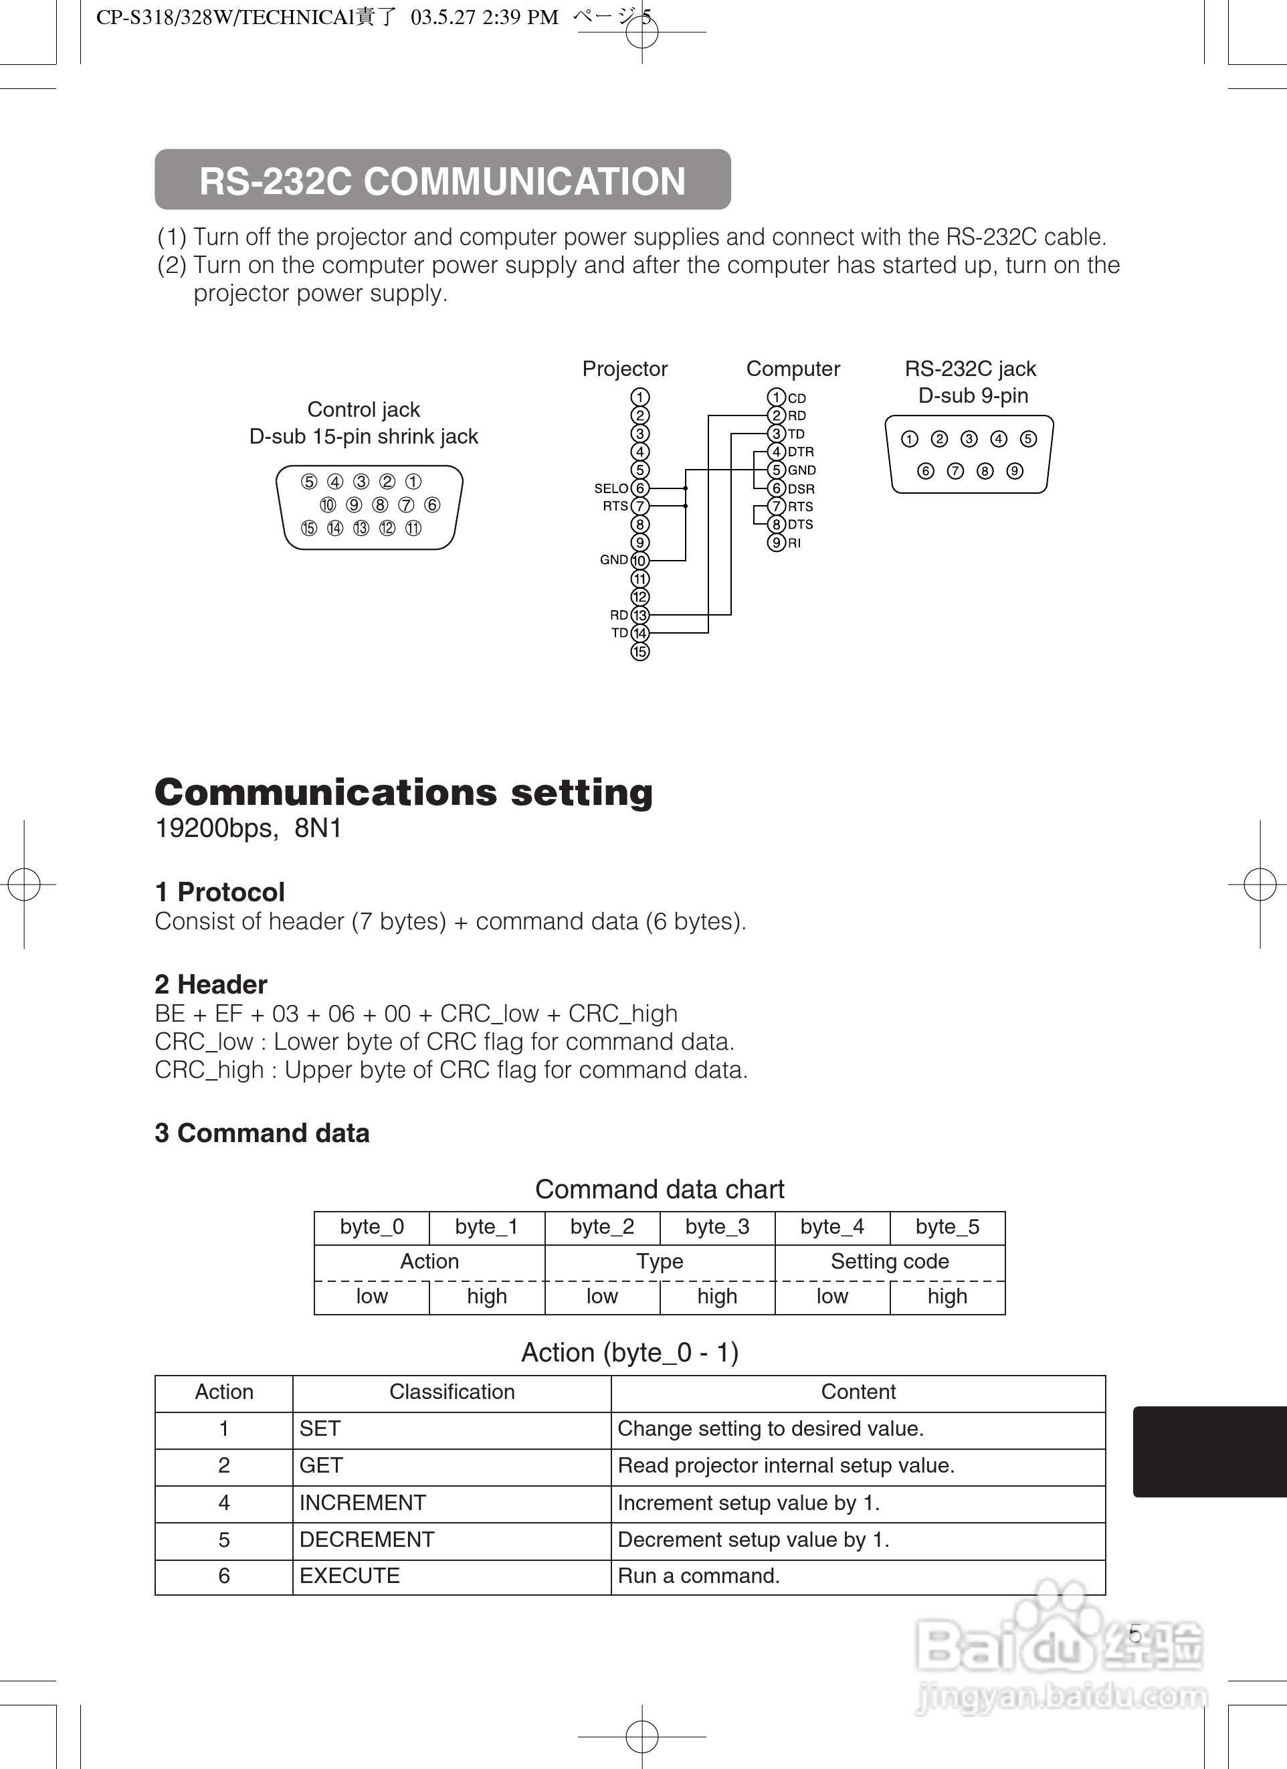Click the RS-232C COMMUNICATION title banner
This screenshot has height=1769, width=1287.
pyautogui.click(x=442, y=180)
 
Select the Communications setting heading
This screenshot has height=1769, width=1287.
pyautogui.click(x=403, y=792)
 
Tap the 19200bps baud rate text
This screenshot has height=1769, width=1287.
pyautogui.click(x=215, y=828)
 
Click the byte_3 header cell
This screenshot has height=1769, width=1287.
pyautogui.click(x=717, y=1228)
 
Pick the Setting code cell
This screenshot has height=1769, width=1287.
pyautogui.click(x=889, y=1262)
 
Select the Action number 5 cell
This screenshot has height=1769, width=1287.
pyautogui.click(x=224, y=1540)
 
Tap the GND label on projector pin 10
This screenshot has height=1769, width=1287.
pyautogui.click(x=613, y=560)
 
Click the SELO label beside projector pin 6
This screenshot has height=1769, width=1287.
pyautogui.click(x=611, y=488)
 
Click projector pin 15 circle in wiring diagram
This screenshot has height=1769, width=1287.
pyautogui.click(x=639, y=651)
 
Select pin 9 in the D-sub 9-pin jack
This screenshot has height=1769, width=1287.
pyautogui.click(x=1014, y=471)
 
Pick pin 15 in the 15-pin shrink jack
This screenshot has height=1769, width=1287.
pyautogui.click(x=309, y=528)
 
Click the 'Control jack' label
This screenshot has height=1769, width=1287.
pyautogui.click(x=363, y=409)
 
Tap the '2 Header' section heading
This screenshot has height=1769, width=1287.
pyautogui.click(x=211, y=984)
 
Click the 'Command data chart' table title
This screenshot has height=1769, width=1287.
pyautogui.click(x=659, y=1190)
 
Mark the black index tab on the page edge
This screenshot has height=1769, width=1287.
pyautogui.click(x=1209, y=1452)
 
